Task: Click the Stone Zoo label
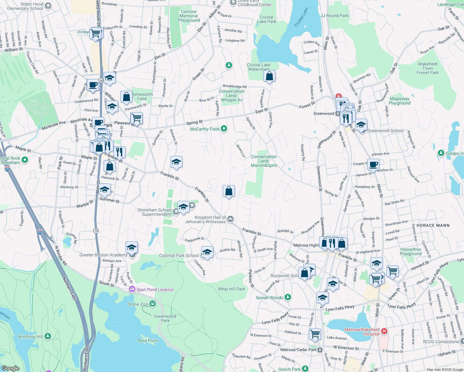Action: point(138,304)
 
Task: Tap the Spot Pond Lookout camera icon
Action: point(132,289)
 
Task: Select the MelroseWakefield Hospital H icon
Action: point(384,331)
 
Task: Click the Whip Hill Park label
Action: point(231,289)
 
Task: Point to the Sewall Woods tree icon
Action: point(288,297)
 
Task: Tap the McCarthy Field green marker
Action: point(224,129)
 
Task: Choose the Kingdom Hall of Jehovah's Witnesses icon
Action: point(230,219)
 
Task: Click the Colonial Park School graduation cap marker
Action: point(207,252)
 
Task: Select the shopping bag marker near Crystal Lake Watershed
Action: point(270,76)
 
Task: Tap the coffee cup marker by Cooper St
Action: point(373,164)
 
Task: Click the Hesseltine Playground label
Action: point(411,251)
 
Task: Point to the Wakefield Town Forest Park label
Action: point(427,68)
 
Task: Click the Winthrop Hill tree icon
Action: point(48,336)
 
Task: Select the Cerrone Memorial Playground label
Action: point(189,16)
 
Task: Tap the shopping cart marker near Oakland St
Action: point(315,334)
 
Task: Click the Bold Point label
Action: point(148,341)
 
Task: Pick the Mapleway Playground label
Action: point(399,101)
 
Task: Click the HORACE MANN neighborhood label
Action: point(433,225)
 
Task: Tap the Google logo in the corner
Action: point(11,368)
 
